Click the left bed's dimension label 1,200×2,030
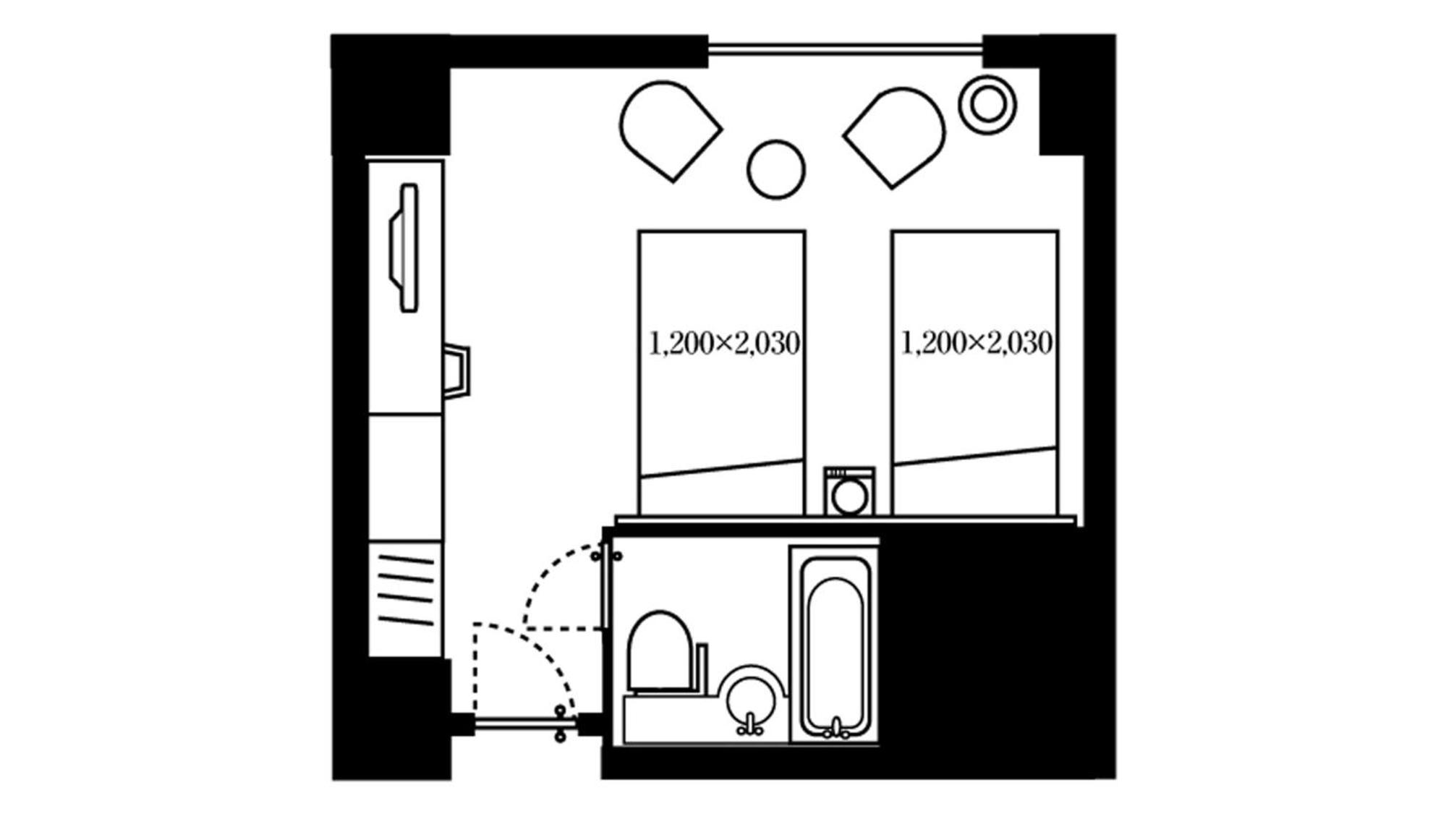[724, 343]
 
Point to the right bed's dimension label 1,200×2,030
[977, 343]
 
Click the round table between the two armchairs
[776, 169]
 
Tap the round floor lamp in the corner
[987, 104]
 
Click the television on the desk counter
[406, 247]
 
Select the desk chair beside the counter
[457, 370]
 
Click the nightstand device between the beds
[849, 491]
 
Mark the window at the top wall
[845, 50]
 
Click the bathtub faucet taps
[836, 729]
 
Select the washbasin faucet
[750, 725]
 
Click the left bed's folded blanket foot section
[722, 488]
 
